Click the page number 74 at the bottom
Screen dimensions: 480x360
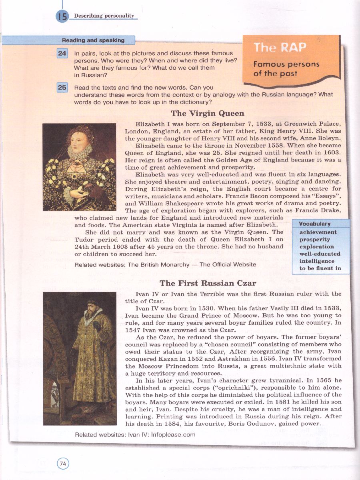63,464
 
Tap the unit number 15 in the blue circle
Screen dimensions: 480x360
62,17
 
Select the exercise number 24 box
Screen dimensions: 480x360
62,53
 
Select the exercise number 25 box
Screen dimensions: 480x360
62,88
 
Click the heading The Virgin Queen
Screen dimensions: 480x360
207,113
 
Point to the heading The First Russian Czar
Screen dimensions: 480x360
208,283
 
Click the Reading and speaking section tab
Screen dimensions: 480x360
93,40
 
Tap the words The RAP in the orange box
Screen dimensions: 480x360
280,48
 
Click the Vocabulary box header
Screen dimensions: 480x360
315,224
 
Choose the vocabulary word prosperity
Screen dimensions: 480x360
315,240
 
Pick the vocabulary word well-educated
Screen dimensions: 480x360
320,254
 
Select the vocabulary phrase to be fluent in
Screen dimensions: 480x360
320,268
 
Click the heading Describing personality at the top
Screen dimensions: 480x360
104,16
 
